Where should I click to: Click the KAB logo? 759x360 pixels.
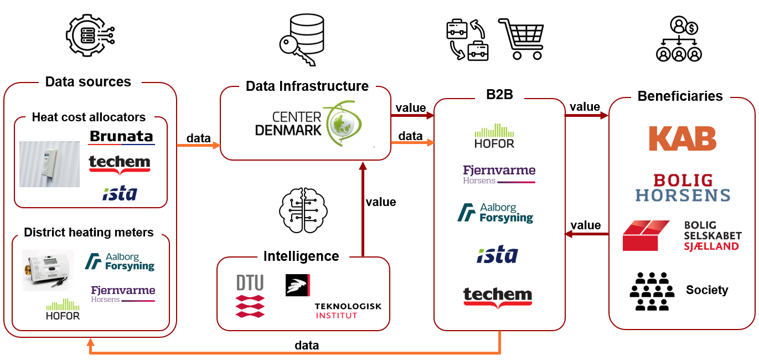coord(683,138)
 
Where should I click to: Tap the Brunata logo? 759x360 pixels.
coord(121,137)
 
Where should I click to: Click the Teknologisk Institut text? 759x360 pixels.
coord(348,311)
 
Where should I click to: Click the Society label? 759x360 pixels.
coord(707,290)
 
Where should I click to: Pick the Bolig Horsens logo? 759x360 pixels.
coord(683,188)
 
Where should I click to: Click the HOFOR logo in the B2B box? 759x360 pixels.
coord(494,136)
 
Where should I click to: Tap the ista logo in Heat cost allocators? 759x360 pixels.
coord(120,193)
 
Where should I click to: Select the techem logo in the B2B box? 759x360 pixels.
coord(497,296)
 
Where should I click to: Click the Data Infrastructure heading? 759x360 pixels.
coord(307,86)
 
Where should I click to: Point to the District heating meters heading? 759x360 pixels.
coord(89,232)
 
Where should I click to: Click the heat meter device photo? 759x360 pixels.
coord(47,270)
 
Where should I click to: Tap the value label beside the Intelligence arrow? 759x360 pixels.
coord(380,202)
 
